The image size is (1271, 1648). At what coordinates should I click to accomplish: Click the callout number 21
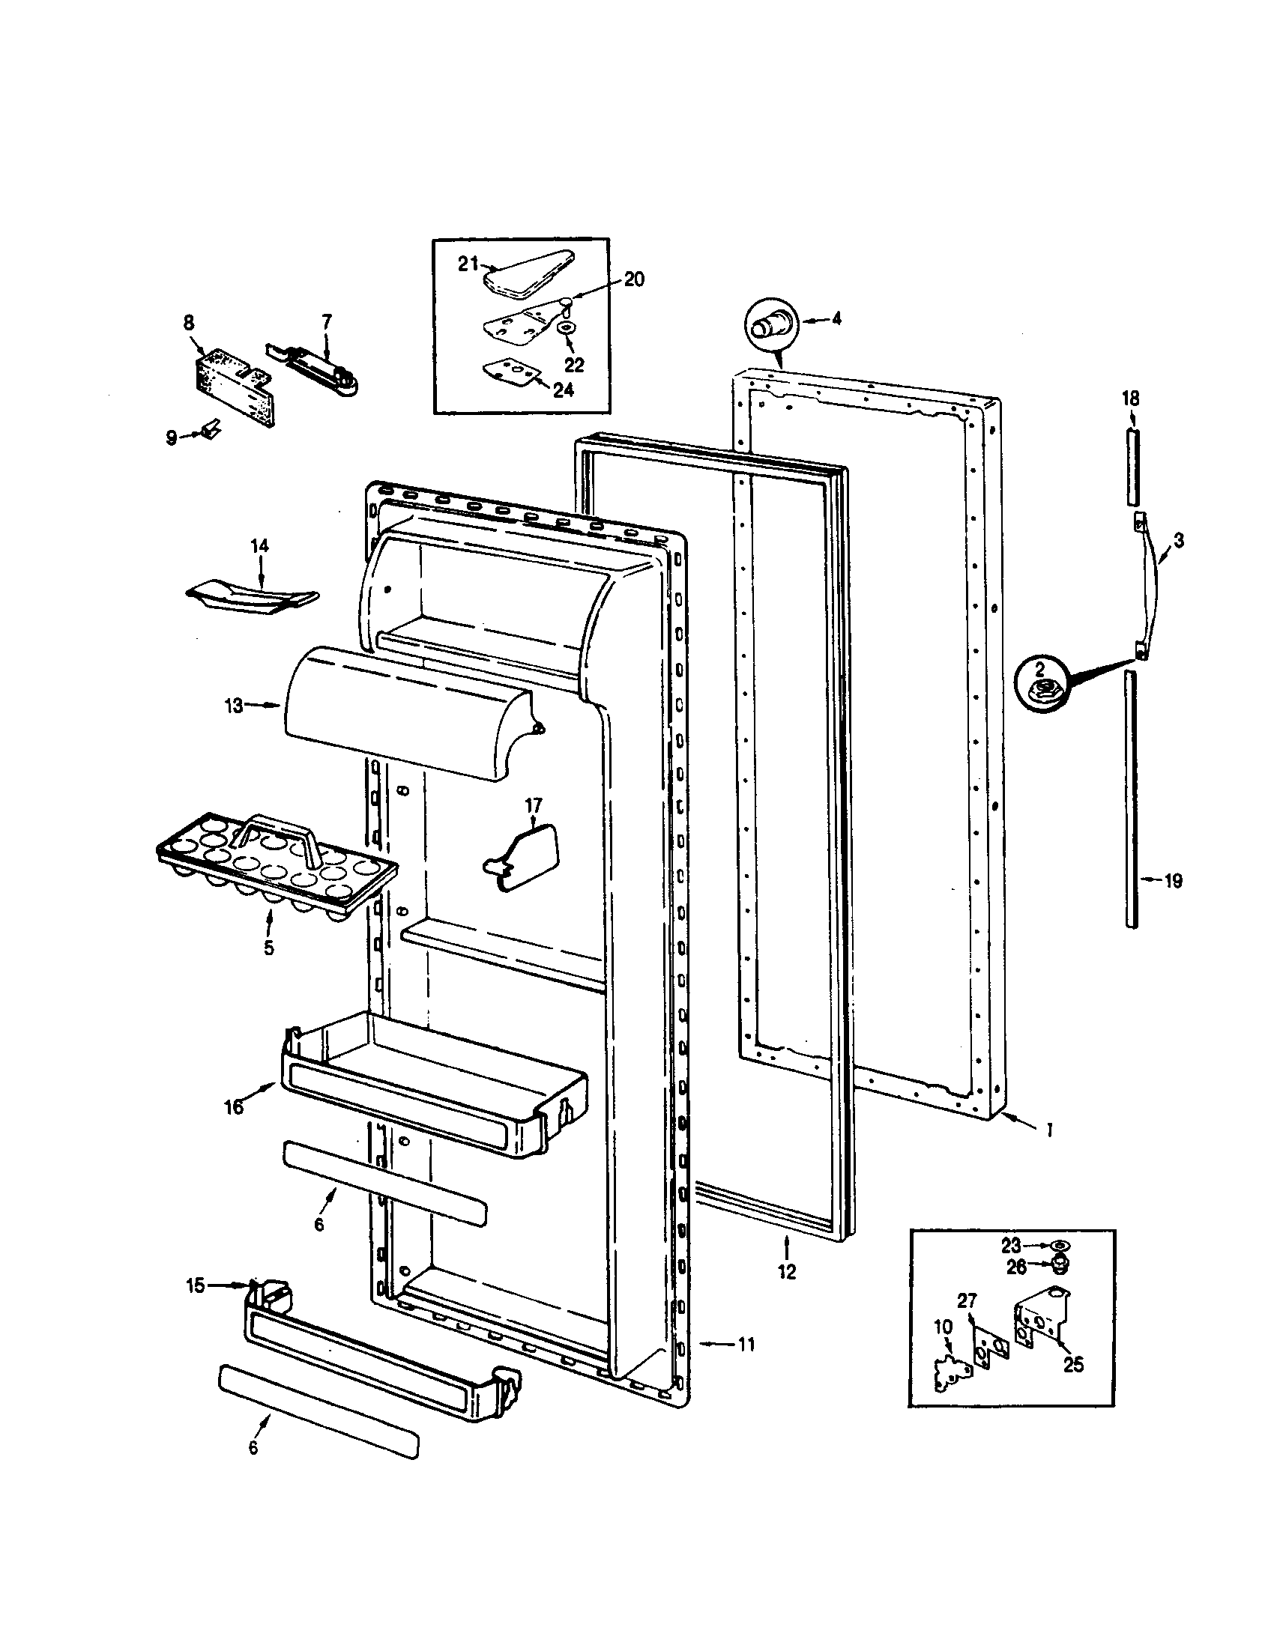(x=468, y=264)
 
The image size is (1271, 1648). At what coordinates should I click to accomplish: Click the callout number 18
(x=1130, y=398)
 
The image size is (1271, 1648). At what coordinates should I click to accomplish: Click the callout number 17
(x=533, y=805)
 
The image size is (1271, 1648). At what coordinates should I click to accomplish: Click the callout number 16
(x=234, y=1107)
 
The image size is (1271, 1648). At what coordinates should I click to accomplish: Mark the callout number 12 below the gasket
(x=786, y=1271)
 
